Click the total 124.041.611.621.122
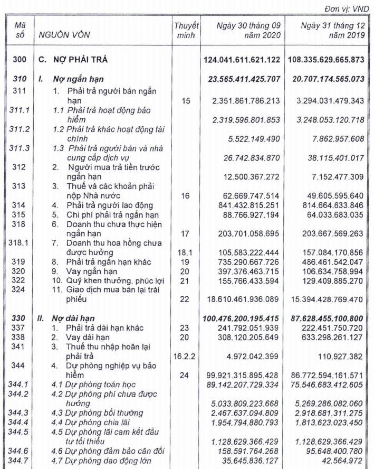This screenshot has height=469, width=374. coord(241,60)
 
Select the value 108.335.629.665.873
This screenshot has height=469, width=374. coord(326,60)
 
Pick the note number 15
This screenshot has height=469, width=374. coord(186,100)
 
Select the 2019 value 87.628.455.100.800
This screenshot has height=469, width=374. coord(326,320)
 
